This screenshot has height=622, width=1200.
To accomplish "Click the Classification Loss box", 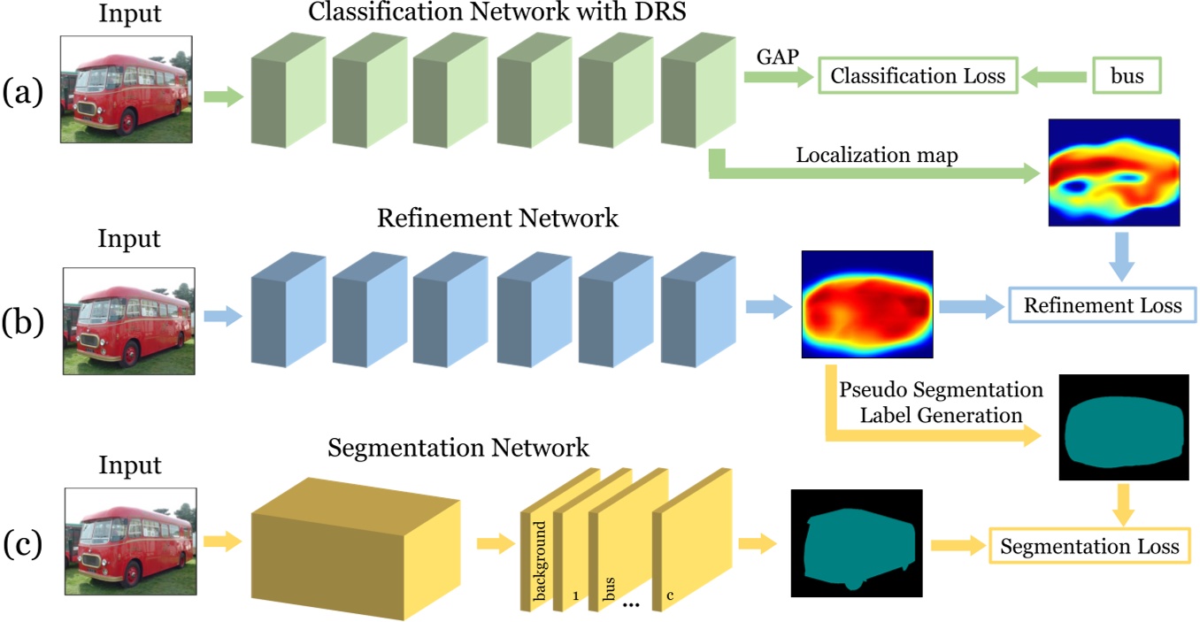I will click(919, 76).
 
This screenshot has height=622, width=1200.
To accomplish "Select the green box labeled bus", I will click(1126, 76).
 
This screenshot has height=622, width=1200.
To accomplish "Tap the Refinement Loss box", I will click(1102, 306).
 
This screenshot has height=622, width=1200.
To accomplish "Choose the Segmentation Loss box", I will click(1088, 546).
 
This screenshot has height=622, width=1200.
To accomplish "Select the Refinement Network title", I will click(497, 218).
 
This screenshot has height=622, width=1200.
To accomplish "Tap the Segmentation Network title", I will click(458, 446).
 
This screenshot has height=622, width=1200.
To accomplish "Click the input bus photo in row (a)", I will click(126, 89).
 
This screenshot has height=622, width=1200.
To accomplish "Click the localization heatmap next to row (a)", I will click(1113, 173).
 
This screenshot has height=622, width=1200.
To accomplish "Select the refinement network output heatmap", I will click(867, 304).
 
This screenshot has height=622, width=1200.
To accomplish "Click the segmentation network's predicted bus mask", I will click(856, 541).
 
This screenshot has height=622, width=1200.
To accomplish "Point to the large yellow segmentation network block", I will click(356, 542).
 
